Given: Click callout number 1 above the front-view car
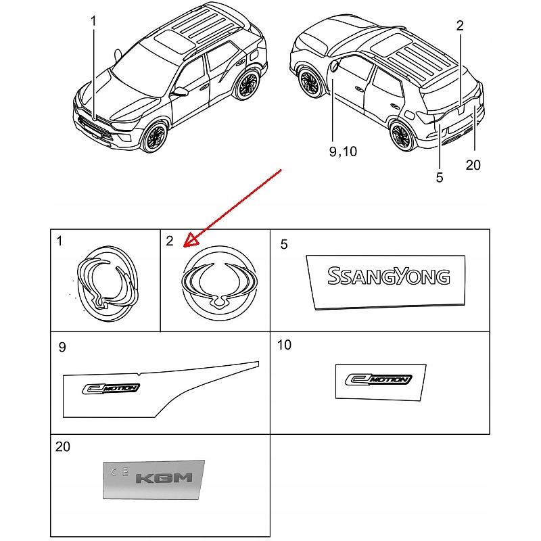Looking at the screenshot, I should [x=93, y=21].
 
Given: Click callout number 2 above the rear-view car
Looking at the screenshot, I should [x=460, y=26].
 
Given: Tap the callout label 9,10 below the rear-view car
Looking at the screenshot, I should [x=343, y=151].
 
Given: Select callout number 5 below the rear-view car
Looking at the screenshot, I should [x=440, y=177].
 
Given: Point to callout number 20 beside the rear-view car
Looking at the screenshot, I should [x=473, y=164].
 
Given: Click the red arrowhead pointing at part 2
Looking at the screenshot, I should [x=190, y=239].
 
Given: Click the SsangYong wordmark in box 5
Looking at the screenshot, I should [x=388, y=276].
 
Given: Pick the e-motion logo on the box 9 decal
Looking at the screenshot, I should [x=111, y=388].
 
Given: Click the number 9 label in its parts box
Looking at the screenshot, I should [x=62, y=348].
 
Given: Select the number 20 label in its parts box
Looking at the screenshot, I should [x=63, y=447].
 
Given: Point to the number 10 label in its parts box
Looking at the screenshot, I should [x=284, y=346].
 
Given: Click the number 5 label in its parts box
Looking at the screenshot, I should [x=284, y=244].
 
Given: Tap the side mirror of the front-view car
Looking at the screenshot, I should [x=181, y=91].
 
